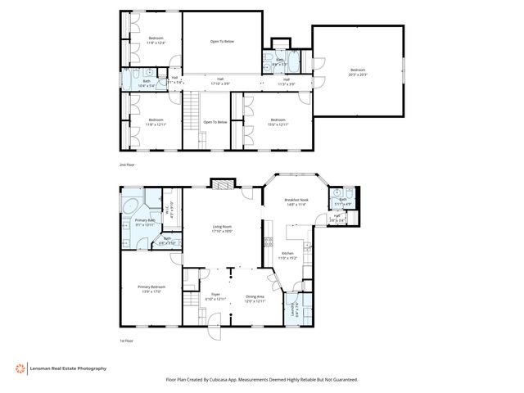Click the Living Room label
[217, 228]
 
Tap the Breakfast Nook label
[295, 201]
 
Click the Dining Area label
[255, 298]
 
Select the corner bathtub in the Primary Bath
[130, 204]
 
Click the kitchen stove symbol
[267, 242]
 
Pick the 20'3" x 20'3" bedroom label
[358, 71]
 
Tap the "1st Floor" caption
[126, 339]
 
